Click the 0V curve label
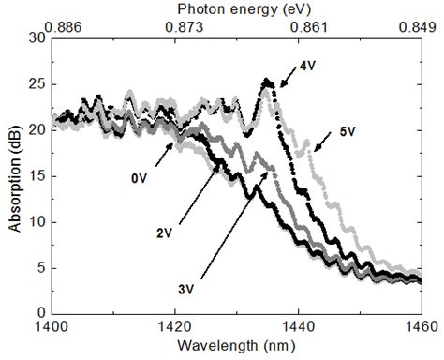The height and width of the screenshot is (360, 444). coord(138,175)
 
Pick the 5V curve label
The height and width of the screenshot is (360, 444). coord(346,131)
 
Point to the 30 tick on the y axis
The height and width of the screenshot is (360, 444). coord(37,38)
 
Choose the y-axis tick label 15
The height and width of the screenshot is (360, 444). coord(37,175)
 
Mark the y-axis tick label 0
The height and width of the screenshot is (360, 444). coord(41,312)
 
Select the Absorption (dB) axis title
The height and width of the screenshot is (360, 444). coord(14,175)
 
